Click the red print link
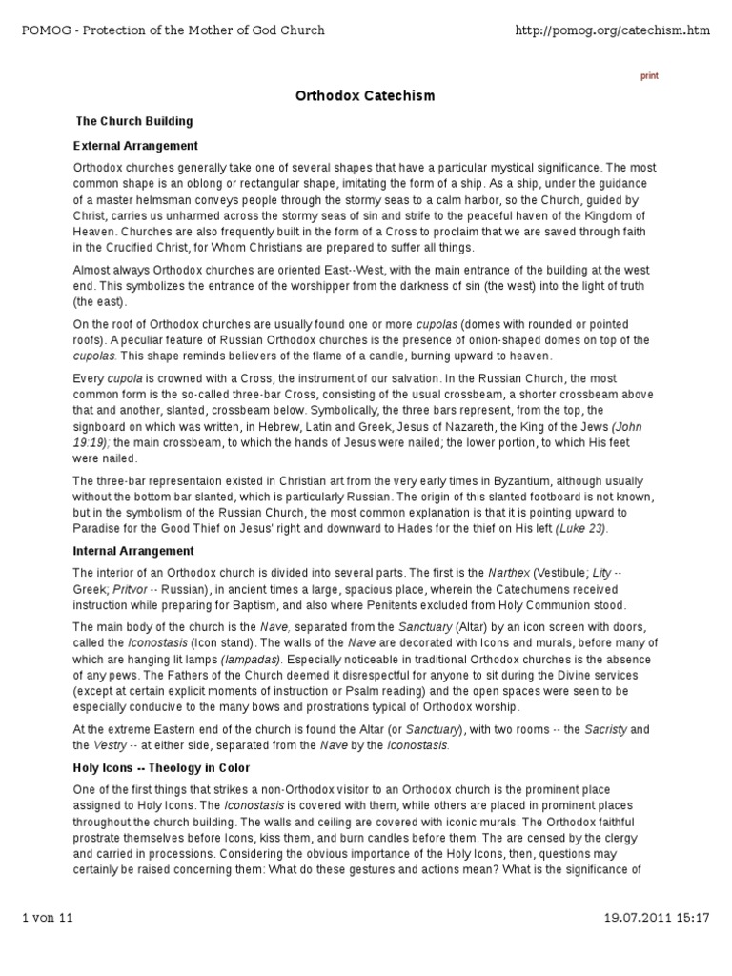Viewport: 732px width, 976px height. click(x=648, y=76)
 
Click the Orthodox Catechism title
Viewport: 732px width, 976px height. click(x=365, y=96)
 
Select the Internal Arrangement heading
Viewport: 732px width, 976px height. click(x=133, y=551)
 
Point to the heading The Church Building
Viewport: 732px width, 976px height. click(x=134, y=121)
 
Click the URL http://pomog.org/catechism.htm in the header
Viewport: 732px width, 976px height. click(x=612, y=30)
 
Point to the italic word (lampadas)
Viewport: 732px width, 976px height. click(x=251, y=659)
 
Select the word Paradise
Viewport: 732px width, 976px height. click(x=100, y=528)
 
